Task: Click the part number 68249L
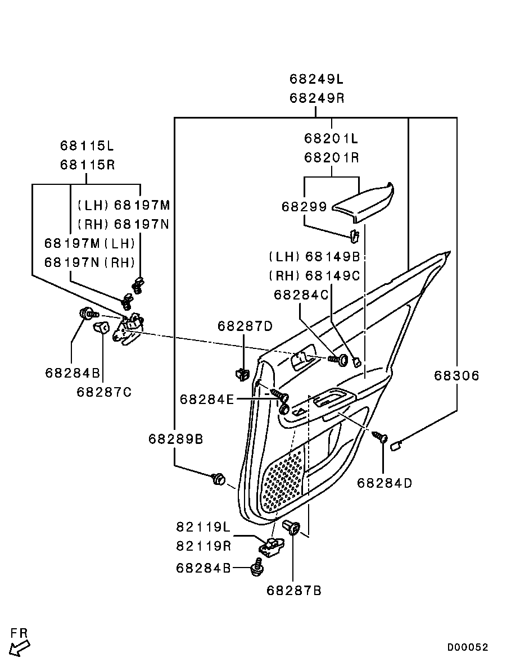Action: point(316,79)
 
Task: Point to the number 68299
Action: point(304,207)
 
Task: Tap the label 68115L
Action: point(87,146)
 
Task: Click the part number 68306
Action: point(456,376)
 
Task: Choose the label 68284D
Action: point(384,483)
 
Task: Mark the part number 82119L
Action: point(204,527)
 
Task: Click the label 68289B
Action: point(175,439)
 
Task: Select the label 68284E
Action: point(206,399)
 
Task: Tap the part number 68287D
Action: point(245,326)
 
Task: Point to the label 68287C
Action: point(104,392)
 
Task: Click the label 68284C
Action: point(301,294)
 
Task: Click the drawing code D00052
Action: point(468,647)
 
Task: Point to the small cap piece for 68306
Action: point(395,446)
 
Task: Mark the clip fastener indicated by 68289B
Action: point(218,479)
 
